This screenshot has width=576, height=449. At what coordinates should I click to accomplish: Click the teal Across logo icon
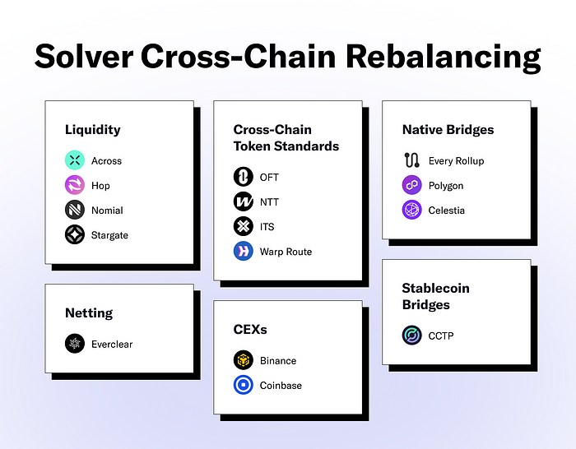tap(75, 160)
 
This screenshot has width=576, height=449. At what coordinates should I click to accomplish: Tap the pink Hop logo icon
tap(75, 185)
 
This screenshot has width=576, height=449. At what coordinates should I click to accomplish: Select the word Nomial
tap(107, 211)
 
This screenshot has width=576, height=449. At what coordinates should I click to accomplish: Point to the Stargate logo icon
tap(75, 234)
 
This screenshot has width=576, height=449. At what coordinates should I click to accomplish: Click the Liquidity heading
tap(92, 130)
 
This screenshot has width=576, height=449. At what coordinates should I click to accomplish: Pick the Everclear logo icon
tap(75, 344)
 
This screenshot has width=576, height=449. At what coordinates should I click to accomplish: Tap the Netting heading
tap(89, 312)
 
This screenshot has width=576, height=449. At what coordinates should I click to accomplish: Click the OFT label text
tap(269, 178)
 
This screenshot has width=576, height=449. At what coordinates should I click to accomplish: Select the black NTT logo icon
tap(244, 201)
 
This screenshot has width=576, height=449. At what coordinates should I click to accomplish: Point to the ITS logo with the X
tap(244, 226)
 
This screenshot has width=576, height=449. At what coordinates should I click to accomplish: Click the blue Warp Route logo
tap(244, 251)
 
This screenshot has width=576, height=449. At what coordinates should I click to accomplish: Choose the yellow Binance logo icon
tap(244, 360)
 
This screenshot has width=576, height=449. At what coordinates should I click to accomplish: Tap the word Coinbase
tap(281, 386)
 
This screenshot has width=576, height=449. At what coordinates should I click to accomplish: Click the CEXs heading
tap(250, 329)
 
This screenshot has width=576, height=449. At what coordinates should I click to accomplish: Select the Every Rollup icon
tap(411, 160)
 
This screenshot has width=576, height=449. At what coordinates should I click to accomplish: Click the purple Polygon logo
tap(411, 185)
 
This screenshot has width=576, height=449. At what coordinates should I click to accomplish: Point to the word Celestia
tap(446, 211)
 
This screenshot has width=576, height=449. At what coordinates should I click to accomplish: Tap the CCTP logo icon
tap(411, 336)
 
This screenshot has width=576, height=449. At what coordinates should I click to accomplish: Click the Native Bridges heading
tap(448, 130)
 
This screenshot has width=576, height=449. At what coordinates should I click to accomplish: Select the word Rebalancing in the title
tap(444, 58)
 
